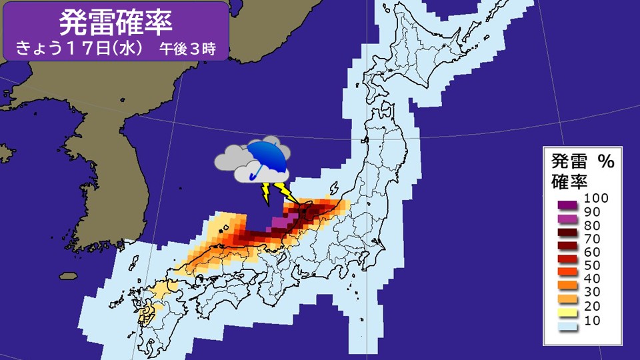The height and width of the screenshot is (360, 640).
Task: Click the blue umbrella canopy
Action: [267, 155]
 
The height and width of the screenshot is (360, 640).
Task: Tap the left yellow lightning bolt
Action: [266, 193]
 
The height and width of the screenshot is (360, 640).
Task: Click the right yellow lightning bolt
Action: [289, 195]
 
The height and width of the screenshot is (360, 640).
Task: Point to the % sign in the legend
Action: [605, 161]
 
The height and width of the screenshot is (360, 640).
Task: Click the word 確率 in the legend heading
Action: [567, 180]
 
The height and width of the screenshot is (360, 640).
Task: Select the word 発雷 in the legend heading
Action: [567, 161]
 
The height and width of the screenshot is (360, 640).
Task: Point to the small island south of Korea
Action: [67, 275]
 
